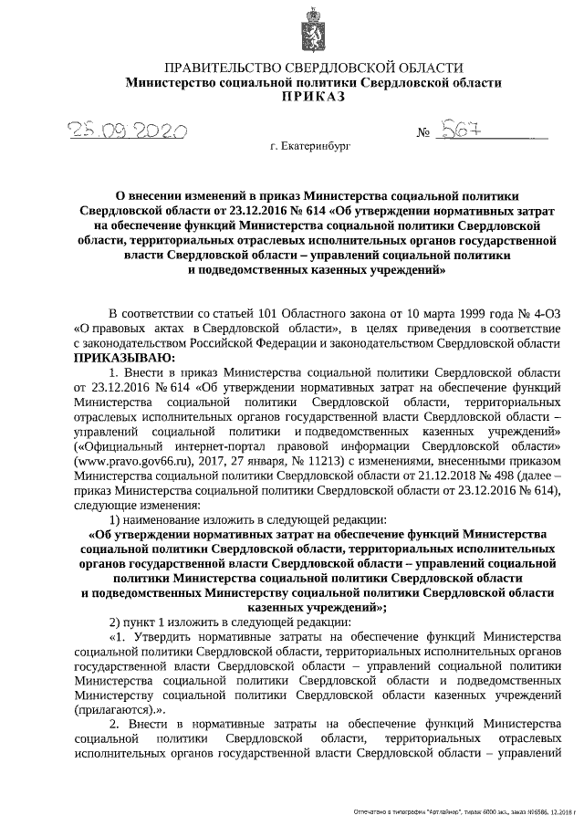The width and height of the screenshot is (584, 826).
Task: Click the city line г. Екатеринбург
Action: (310, 145)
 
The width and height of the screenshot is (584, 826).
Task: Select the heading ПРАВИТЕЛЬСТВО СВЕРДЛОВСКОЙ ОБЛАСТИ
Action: (313, 68)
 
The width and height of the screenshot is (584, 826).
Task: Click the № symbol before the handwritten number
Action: (423, 134)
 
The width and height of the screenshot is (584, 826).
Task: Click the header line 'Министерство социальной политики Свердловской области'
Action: (313, 82)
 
